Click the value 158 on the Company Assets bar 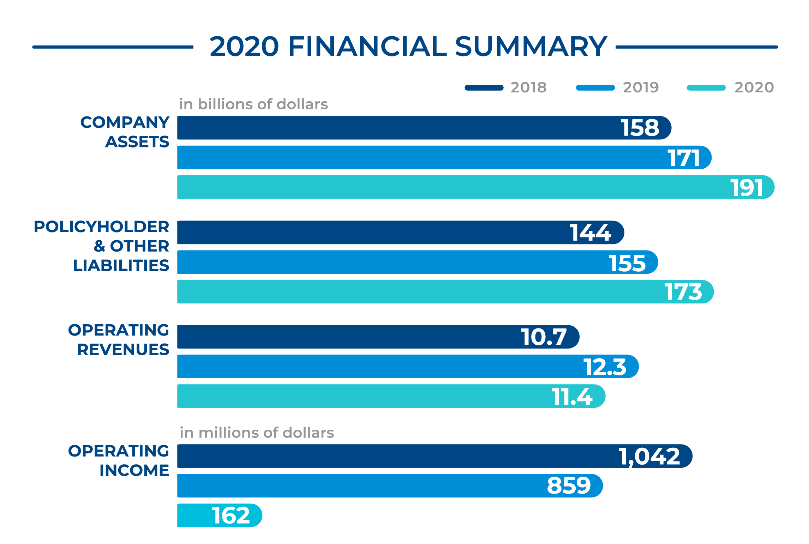point(640,128)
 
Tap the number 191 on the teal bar point(747,188)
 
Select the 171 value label point(684,158)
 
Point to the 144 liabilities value point(590,233)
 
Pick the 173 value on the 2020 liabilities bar point(683,292)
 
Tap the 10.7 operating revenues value point(544,337)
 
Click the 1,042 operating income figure point(649,457)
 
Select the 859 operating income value point(569,486)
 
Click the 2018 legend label point(528,87)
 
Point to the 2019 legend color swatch point(595,88)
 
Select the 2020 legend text point(754,87)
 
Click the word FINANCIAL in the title point(367,47)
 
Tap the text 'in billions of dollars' point(253,104)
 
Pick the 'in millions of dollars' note point(257,433)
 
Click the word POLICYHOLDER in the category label point(101,227)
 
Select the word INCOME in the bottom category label point(134,471)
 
